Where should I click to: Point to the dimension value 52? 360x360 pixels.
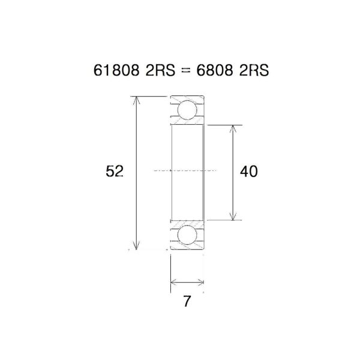pyautogui.click(x=114, y=172)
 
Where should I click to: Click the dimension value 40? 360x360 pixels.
pyautogui.click(x=248, y=172)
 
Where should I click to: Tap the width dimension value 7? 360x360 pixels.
pyautogui.click(x=187, y=302)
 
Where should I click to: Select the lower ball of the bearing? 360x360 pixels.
pyautogui.click(x=187, y=235)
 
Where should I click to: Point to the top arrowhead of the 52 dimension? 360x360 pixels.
pyautogui.click(x=137, y=100)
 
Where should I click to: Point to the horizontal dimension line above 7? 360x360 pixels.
pyautogui.click(x=187, y=281)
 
